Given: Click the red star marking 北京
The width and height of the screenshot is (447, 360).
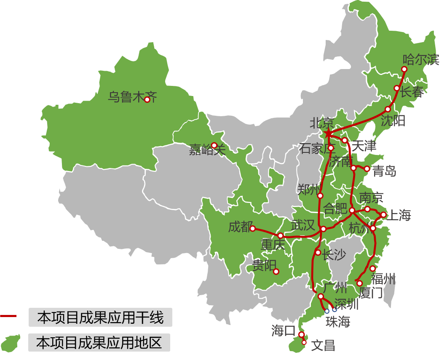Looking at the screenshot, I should [x=328, y=133].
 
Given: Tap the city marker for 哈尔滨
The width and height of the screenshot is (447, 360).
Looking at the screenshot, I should [x=404, y=69].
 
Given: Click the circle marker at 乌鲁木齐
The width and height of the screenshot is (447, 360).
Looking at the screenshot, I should [x=147, y=100].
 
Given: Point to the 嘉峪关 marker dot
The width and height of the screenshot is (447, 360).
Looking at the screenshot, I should [x=214, y=145].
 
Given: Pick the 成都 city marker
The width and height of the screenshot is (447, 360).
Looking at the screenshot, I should [x=253, y=229].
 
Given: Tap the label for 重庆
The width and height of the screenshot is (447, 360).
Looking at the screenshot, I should [x=273, y=245].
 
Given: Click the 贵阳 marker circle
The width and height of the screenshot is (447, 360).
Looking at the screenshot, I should [x=276, y=271].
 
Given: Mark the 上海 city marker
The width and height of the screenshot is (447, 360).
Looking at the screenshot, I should [x=383, y=215].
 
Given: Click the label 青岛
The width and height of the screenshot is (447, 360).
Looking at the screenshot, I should [x=384, y=171].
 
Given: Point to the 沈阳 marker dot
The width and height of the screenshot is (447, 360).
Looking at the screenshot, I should [x=388, y=109].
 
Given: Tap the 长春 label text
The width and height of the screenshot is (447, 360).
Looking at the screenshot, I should [x=411, y=92].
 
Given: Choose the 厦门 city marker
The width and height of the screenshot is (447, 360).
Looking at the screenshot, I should [x=359, y=283].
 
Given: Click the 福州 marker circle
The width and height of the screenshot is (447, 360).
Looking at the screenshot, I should [x=372, y=269].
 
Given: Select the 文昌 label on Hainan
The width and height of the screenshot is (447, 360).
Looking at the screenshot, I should [x=323, y=346].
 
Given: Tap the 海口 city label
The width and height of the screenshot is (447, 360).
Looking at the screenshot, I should [x=284, y=331].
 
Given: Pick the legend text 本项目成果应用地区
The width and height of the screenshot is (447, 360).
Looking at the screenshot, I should [x=99, y=342].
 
